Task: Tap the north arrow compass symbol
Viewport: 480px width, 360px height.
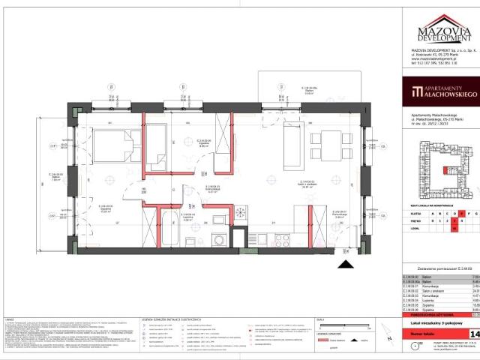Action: click(391, 345)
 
